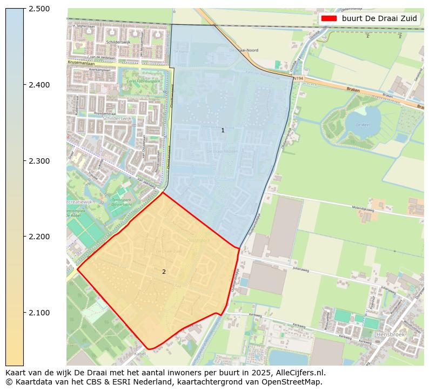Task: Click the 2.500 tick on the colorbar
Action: pyautogui.click(x=39, y=9)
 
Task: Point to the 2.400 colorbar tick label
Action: pyautogui.click(x=39, y=85)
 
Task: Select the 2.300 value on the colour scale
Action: pyautogui.click(x=39, y=161)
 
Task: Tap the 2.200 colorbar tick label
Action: pyautogui.click(x=39, y=237)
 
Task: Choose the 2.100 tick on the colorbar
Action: pyautogui.click(x=39, y=313)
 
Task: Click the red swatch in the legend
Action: pyautogui.click(x=329, y=18)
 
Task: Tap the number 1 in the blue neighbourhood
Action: pyautogui.click(x=223, y=131)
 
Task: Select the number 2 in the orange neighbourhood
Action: pyautogui.click(x=164, y=272)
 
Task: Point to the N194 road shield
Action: pyautogui.click(x=298, y=79)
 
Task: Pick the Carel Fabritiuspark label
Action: pyautogui.click(x=143, y=82)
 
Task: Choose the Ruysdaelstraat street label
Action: pyautogui.click(x=105, y=113)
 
